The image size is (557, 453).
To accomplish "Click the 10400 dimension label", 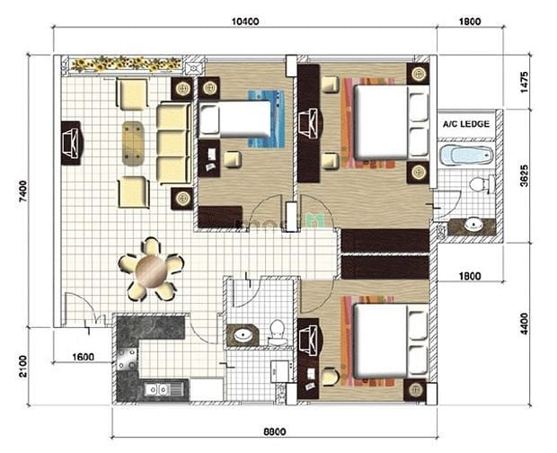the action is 245,22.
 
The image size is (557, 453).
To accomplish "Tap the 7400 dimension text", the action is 22,191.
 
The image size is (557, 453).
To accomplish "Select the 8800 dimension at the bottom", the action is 275,432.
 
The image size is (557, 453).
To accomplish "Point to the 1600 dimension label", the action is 84,357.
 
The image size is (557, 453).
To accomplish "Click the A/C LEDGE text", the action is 466,124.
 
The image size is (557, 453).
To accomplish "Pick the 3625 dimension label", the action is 524,175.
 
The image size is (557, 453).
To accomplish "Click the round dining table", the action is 151,271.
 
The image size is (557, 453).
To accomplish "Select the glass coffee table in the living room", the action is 133,144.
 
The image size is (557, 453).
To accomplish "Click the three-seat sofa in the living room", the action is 173,143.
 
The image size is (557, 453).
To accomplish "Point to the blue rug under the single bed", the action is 267,119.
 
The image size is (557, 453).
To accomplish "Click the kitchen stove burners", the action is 128,359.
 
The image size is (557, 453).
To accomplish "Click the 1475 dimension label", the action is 525,83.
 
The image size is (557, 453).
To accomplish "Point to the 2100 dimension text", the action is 22,367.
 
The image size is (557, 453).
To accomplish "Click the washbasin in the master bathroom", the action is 472,226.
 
